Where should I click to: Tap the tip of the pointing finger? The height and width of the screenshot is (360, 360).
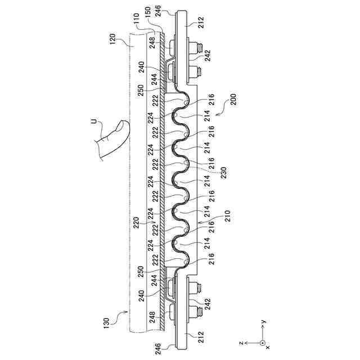(125, 124)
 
